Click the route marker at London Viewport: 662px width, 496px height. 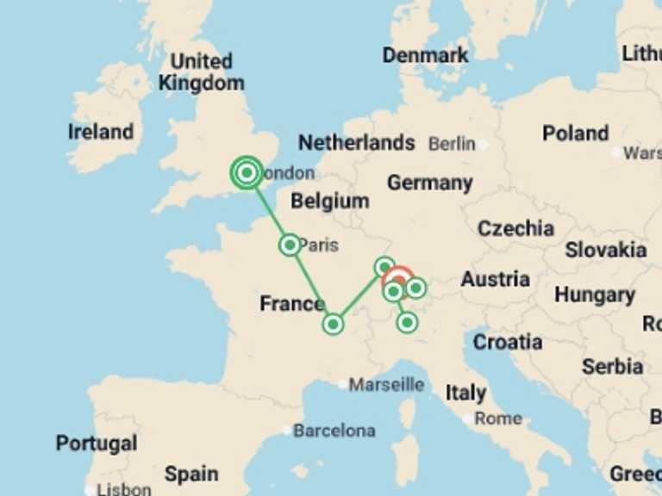pos(247,173)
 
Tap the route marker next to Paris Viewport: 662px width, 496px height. pos(290,245)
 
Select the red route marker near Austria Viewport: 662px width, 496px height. pos(398,277)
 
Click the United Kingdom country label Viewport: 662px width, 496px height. pos(201,72)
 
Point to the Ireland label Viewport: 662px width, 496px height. pos(101,132)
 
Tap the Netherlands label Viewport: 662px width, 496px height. pos(356,143)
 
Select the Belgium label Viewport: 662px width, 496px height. pos(329,201)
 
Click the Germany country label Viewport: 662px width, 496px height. pos(429,183)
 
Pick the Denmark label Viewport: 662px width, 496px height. pos(425,55)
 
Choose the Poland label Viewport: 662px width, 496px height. pos(575,133)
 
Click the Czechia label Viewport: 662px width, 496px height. pos(515,228)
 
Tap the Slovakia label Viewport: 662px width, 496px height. pos(605,250)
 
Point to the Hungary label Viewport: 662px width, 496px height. pos(594,294)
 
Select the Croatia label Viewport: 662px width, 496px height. pos(508,342)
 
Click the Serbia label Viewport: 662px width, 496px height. pos(612,366)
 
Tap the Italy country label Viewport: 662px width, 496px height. pos(465,393)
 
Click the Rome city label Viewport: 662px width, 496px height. pos(497,418)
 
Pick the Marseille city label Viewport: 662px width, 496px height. pos(385,384)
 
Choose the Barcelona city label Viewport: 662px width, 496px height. pos(334,430)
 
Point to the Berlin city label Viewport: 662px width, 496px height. pos(452,144)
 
